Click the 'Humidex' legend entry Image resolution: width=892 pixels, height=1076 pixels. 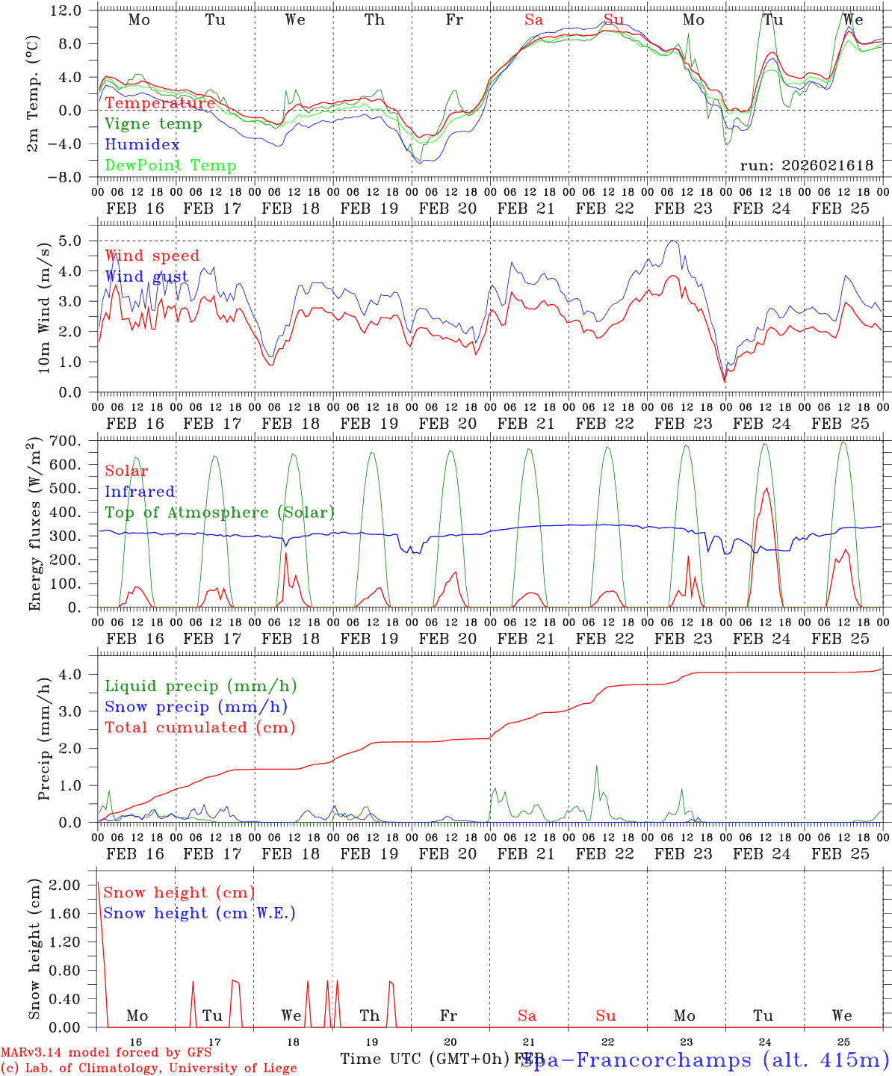142,144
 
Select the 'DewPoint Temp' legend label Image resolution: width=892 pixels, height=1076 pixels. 170,165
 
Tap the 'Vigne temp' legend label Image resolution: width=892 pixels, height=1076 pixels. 153,123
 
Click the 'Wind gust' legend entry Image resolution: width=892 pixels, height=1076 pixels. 146,276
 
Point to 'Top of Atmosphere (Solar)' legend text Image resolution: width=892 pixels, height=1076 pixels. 219,512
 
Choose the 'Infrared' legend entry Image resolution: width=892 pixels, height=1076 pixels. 140,491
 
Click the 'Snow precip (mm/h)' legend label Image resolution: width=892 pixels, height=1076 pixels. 196,706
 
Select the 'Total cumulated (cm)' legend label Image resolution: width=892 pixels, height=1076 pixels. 199,727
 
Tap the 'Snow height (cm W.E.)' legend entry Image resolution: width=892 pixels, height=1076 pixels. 199,912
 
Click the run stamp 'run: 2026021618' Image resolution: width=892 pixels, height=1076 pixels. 806,165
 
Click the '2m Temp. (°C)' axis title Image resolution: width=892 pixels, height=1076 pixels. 33,102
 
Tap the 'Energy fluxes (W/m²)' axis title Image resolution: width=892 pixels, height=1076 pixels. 34,525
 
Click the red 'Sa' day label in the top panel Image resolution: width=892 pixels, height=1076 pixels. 533,19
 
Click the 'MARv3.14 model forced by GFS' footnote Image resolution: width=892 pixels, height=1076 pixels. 105,1053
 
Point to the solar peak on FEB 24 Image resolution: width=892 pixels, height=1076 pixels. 766,489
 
